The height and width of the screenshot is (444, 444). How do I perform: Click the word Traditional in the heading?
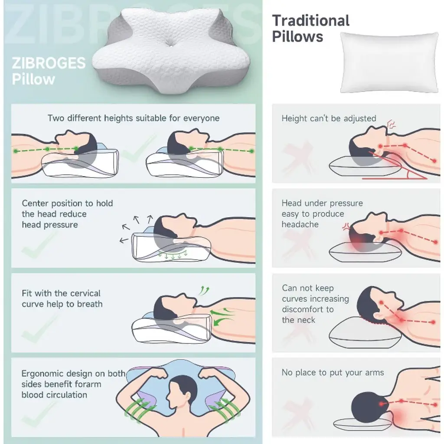pyautogui.click(x=310, y=21)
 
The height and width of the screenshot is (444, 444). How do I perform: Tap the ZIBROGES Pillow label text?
pyautogui.click(x=49, y=71)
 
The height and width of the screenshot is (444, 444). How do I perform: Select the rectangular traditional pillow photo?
pyautogui.click(x=389, y=62)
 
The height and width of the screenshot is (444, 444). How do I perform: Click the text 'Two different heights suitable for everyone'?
pyautogui.click(x=134, y=118)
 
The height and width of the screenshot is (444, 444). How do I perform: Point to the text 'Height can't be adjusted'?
pyautogui.click(x=329, y=118)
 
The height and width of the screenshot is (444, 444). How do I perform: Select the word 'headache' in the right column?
pyautogui.click(x=300, y=225)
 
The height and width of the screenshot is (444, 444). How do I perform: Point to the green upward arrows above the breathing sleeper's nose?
pyautogui.click(x=204, y=291)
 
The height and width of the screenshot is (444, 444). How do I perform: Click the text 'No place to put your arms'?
pyautogui.click(x=333, y=372)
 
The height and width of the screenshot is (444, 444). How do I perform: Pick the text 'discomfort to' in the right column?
pyautogui.click(x=308, y=309)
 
